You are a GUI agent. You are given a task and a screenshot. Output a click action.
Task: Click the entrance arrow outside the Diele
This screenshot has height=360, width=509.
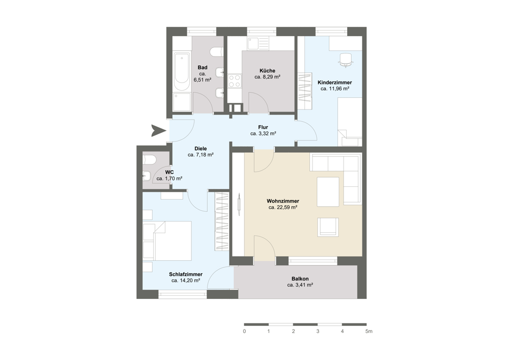(158, 130)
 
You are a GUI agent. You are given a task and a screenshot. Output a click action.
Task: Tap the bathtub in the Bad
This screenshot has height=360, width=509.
(182, 72)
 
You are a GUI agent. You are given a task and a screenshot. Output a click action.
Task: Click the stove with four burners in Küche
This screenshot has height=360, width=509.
(234, 81)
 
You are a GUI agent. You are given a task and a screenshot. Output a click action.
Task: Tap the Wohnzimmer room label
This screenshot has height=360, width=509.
(282, 201)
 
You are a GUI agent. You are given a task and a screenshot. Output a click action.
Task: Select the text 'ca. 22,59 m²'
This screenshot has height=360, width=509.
(282, 207)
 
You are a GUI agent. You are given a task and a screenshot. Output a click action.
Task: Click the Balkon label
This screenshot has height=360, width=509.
(300, 279)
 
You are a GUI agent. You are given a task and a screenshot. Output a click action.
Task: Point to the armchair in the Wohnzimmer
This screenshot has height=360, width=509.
(328, 227)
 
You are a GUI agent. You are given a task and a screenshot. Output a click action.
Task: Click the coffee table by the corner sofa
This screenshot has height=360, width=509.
(328, 191)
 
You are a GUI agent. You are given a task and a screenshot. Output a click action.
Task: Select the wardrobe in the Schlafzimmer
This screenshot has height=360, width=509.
(222, 221)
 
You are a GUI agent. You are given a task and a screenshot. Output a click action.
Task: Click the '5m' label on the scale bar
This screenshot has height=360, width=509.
(369, 331)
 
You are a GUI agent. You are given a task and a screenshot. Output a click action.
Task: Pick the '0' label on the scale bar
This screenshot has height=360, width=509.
(244, 331)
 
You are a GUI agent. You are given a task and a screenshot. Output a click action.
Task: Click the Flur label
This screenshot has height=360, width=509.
(263, 127)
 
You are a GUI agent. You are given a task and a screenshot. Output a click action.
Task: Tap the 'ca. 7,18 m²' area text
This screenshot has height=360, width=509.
(201, 155)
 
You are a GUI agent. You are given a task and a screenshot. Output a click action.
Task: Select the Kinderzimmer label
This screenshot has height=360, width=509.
(335, 82)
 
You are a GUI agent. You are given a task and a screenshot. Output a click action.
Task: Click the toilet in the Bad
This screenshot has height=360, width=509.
(216, 51)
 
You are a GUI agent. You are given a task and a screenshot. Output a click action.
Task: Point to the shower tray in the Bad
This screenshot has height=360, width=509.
(182, 102)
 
